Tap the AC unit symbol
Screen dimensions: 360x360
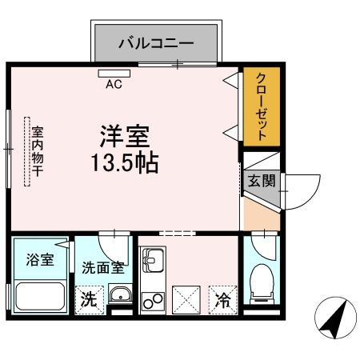(114, 74)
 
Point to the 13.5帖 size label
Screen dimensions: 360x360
(124, 162)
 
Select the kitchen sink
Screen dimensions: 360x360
(151, 261)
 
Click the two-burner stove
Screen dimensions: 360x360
(151, 301)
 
